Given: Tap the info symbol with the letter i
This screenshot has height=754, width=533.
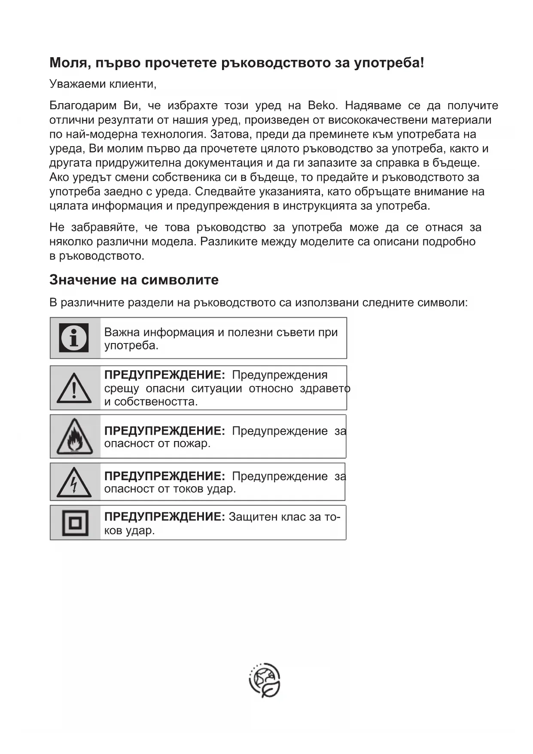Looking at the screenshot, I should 74,338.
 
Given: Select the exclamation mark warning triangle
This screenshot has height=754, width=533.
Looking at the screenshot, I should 74,388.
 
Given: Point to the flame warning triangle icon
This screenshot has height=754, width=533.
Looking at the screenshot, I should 75,437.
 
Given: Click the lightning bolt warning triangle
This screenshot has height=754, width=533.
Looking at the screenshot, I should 74,482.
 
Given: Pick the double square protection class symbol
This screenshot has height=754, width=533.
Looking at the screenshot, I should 75,523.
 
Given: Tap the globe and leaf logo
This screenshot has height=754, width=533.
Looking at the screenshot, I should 265,680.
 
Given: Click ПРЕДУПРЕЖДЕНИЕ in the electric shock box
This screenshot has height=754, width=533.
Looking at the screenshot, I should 164,476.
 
